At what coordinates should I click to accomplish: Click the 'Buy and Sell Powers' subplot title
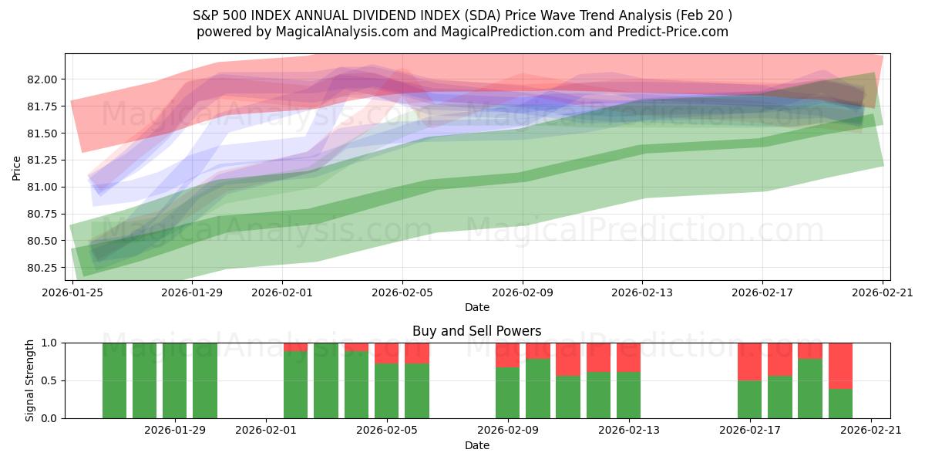(x=476, y=331)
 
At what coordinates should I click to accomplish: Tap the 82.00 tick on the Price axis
(x=42, y=79)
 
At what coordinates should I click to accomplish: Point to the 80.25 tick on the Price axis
(x=42, y=268)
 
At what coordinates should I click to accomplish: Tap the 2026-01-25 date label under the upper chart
(x=73, y=292)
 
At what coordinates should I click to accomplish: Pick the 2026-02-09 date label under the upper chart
(x=523, y=292)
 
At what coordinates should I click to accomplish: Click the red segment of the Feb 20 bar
(x=840, y=366)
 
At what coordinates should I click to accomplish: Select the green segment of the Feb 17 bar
(x=749, y=399)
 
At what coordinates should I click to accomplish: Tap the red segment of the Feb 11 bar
(x=568, y=359)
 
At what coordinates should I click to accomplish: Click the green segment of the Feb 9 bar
(x=507, y=393)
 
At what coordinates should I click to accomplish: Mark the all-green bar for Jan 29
(x=175, y=380)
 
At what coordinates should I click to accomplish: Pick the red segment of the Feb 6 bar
(x=417, y=353)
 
